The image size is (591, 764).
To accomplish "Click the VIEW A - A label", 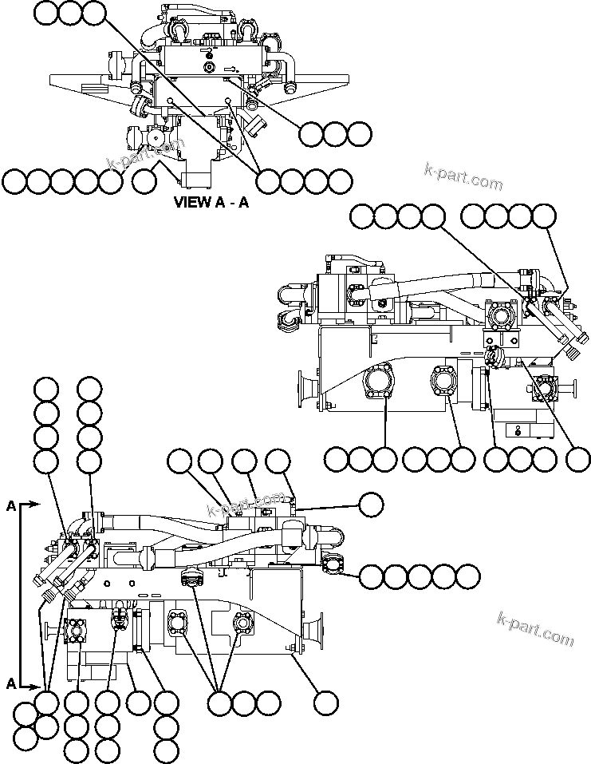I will pyautogui.click(x=211, y=202).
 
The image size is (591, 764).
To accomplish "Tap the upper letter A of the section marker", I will pyautogui.click(x=10, y=505).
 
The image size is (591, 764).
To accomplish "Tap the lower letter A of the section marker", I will pyautogui.click(x=10, y=683).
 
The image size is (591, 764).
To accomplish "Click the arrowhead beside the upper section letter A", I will pyautogui.click(x=36, y=505).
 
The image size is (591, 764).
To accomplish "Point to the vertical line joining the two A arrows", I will pyautogui.click(x=19, y=595).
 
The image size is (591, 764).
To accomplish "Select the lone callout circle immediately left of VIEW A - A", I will pyautogui.click(x=144, y=182).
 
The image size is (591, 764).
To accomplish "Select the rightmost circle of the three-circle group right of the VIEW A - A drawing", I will pyautogui.click(x=359, y=133).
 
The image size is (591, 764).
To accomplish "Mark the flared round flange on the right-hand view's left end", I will pyautogui.click(x=305, y=390).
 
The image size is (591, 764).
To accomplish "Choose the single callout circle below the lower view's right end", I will pyautogui.click(x=325, y=703).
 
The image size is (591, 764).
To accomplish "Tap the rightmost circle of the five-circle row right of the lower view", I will pyautogui.click(x=468, y=576).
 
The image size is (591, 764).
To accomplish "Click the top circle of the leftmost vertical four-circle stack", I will pyautogui.click(x=46, y=389).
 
